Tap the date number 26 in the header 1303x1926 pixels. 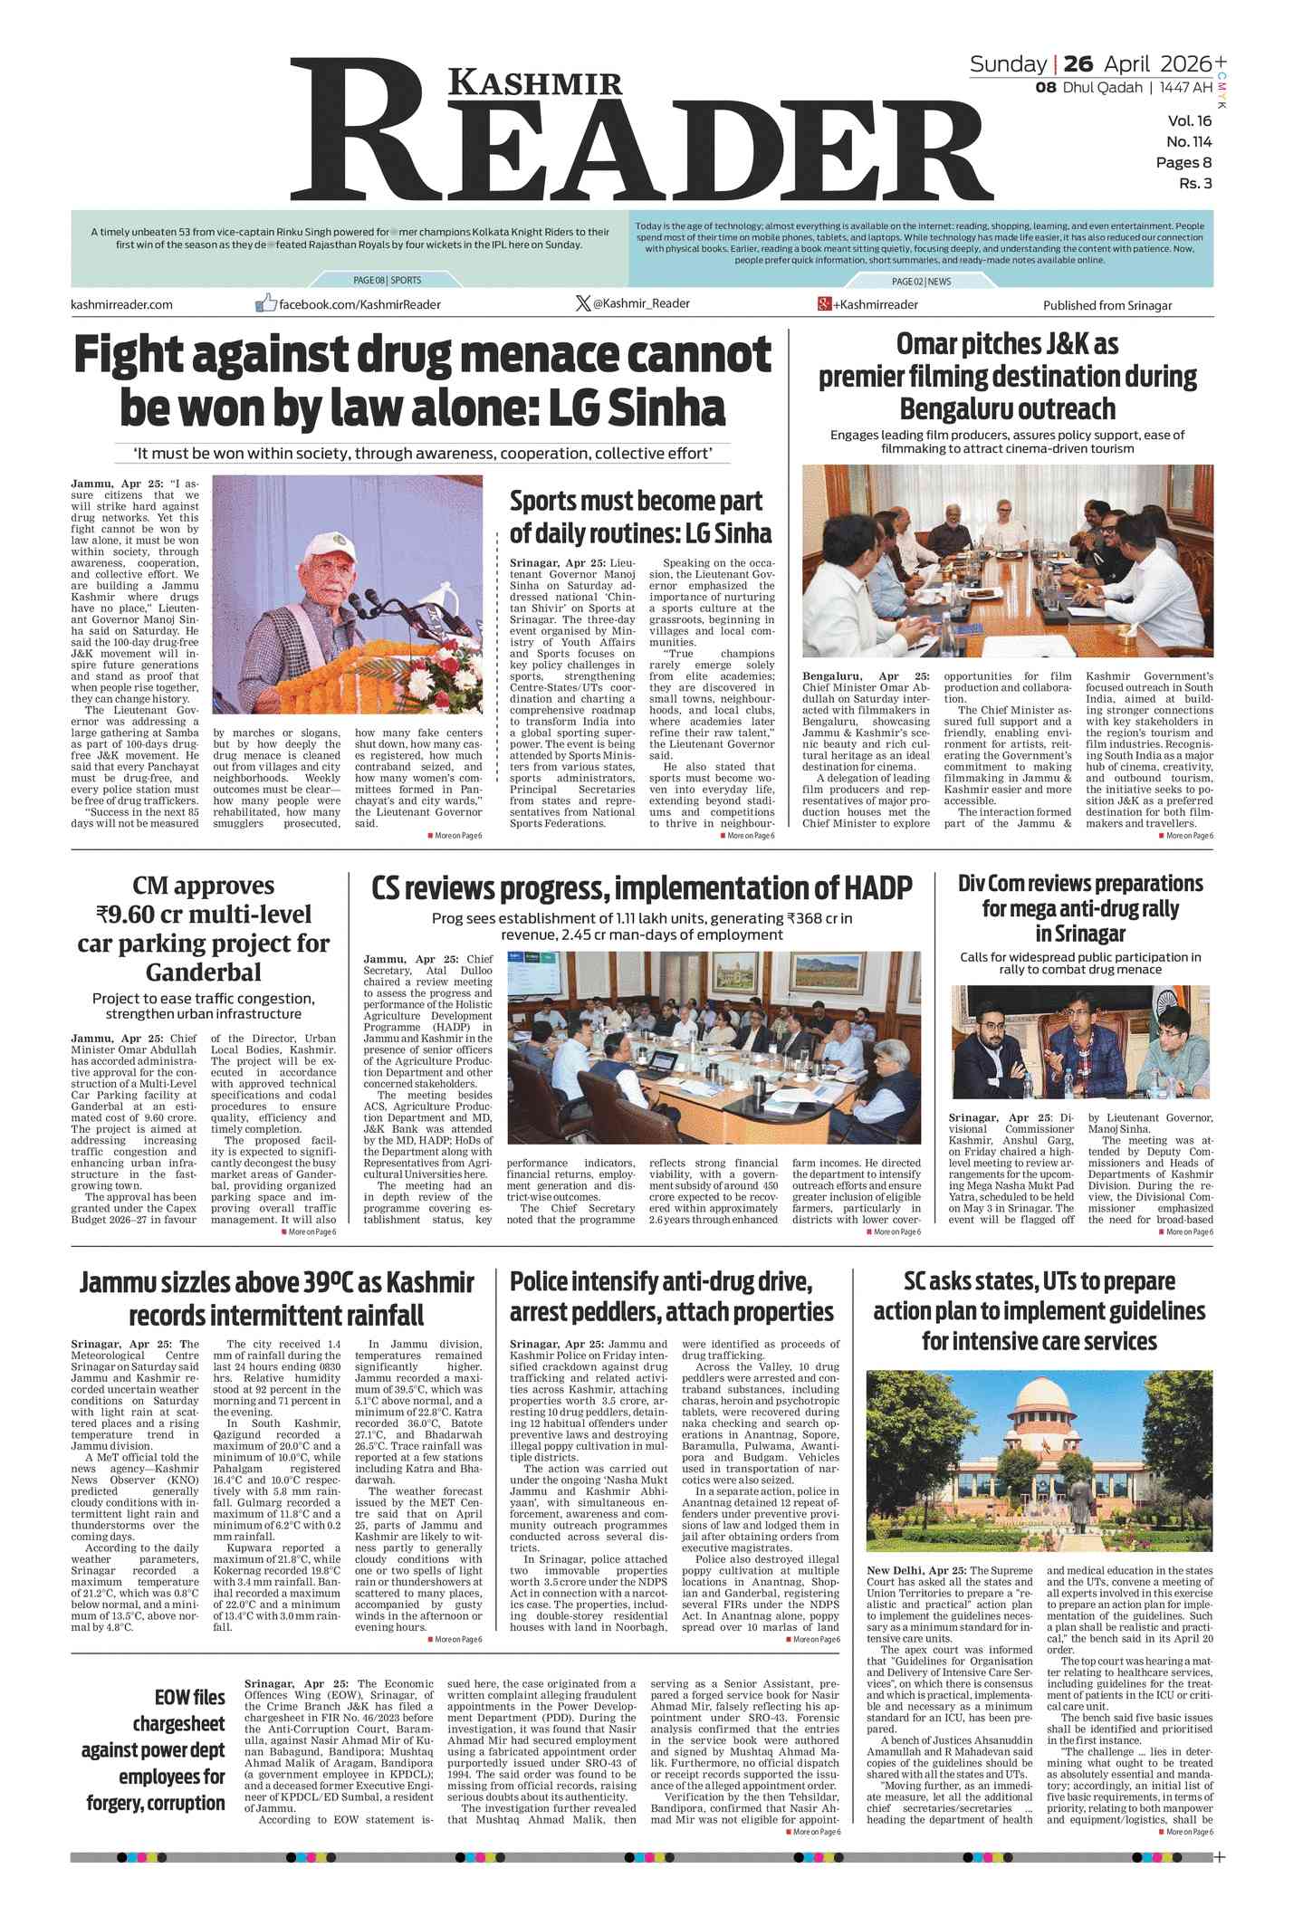point(1078,63)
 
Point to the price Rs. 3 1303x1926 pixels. point(1194,184)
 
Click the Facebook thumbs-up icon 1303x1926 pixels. point(265,302)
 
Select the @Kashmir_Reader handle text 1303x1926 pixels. point(640,303)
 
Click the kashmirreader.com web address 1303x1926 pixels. point(121,304)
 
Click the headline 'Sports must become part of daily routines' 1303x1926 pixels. point(640,516)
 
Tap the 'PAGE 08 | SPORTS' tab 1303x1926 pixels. point(387,281)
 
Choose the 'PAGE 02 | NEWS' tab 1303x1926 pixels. point(921,282)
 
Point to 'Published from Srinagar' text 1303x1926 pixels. point(1107,305)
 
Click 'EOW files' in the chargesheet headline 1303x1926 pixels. point(189,1697)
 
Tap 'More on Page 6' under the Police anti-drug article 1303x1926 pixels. point(816,1639)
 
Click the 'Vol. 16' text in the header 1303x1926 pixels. point(1189,120)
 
